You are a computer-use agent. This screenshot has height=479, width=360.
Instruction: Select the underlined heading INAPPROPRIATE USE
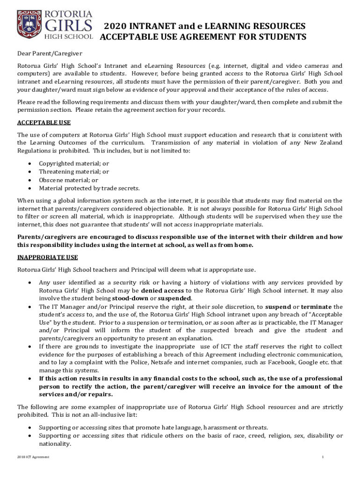point(48,257)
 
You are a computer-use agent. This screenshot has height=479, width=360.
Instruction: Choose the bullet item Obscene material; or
point(68,180)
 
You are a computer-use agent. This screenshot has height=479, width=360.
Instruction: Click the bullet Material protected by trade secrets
point(89,189)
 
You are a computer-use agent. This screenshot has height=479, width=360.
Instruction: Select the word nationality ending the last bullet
point(55,444)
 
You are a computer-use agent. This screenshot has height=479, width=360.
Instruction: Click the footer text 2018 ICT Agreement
point(33,457)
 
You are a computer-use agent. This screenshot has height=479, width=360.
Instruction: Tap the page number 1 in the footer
point(323,457)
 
